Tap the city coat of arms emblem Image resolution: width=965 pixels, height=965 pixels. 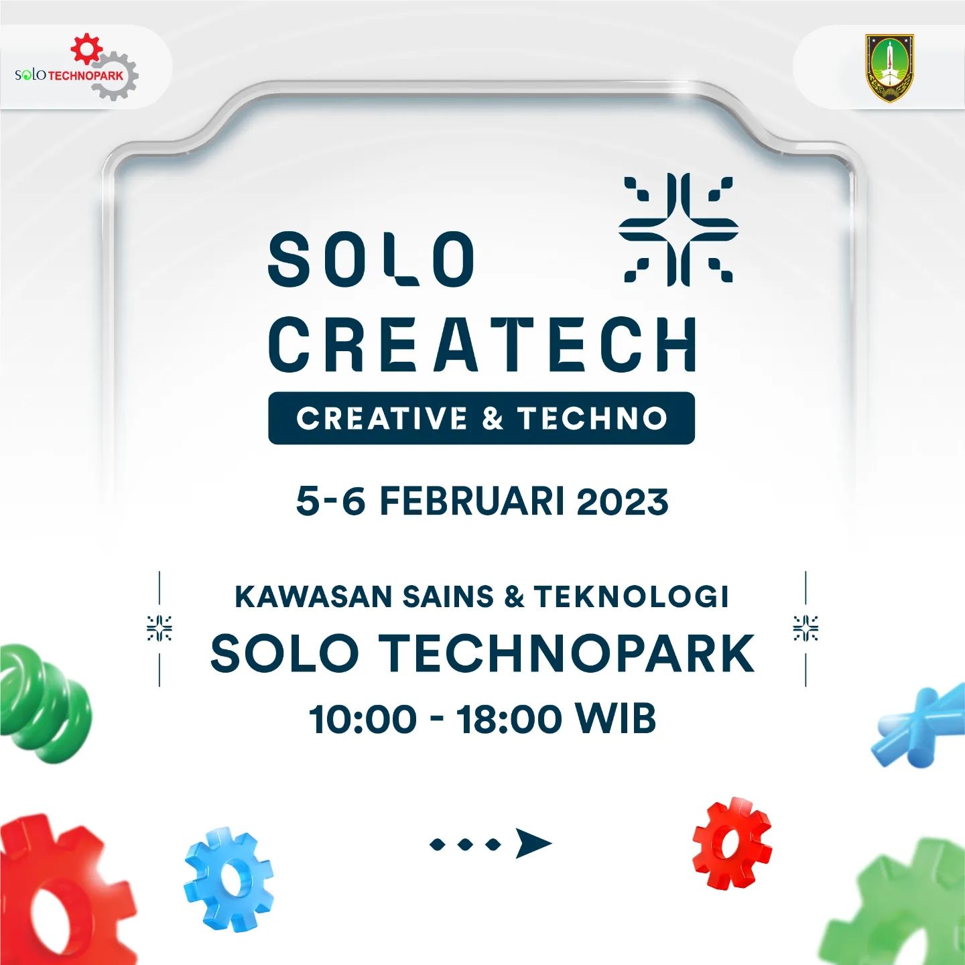[889, 68]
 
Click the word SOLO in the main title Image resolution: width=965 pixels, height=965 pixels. [372, 259]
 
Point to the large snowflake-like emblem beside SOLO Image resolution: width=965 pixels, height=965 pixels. [678, 229]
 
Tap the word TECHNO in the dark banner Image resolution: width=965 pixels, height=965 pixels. [592, 418]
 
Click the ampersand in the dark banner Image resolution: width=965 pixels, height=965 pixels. [493, 418]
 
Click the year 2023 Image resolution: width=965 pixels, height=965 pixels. [623, 502]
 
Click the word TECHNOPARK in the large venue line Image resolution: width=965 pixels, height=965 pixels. [567, 654]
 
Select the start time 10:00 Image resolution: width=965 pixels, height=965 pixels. [363, 720]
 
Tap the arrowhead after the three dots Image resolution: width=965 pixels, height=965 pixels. [533, 843]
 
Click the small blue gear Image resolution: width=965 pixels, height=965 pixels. [229, 879]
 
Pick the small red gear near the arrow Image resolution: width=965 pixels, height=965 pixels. [732, 842]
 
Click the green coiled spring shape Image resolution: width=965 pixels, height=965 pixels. [44, 704]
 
